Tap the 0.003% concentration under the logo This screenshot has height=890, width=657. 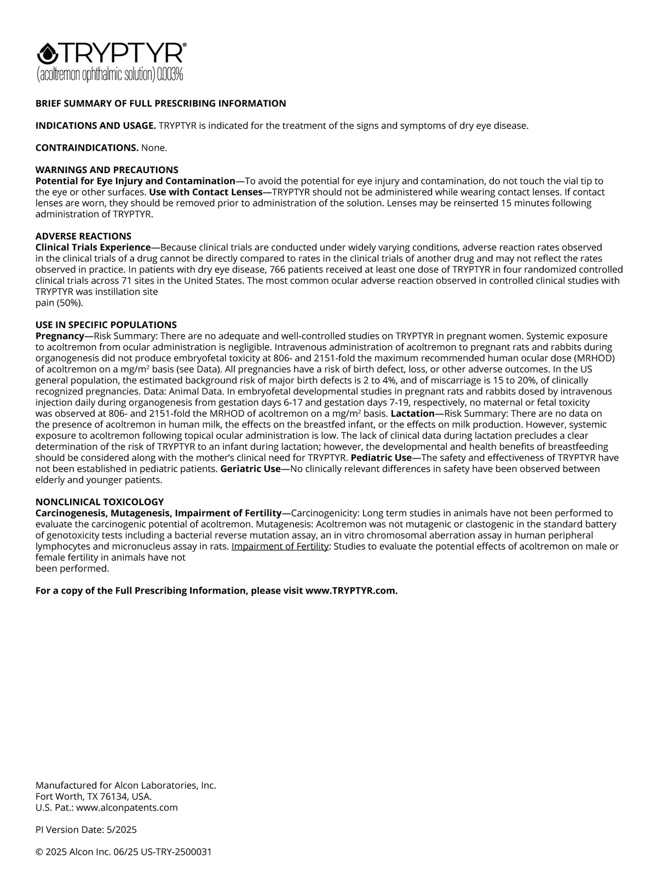(170, 74)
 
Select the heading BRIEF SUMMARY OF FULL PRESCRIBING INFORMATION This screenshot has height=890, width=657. (160, 104)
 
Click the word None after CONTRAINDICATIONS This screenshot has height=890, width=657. (154, 148)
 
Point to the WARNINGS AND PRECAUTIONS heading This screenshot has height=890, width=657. (107, 170)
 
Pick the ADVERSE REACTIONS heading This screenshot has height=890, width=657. (83, 236)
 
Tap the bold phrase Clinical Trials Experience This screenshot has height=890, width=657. (93, 248)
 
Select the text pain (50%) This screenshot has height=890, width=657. (59, 303)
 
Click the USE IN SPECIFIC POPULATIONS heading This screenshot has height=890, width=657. (106, 325)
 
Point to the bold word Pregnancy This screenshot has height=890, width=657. (60, 336)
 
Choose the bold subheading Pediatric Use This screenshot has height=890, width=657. (381, 458)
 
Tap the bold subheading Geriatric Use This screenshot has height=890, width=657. (250, 469)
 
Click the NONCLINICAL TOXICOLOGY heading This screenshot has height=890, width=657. (100, 502)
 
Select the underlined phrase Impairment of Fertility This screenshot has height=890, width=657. (280, 547)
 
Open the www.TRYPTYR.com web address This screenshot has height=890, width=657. (351, 590)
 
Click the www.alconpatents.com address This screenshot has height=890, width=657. (127, 807)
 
